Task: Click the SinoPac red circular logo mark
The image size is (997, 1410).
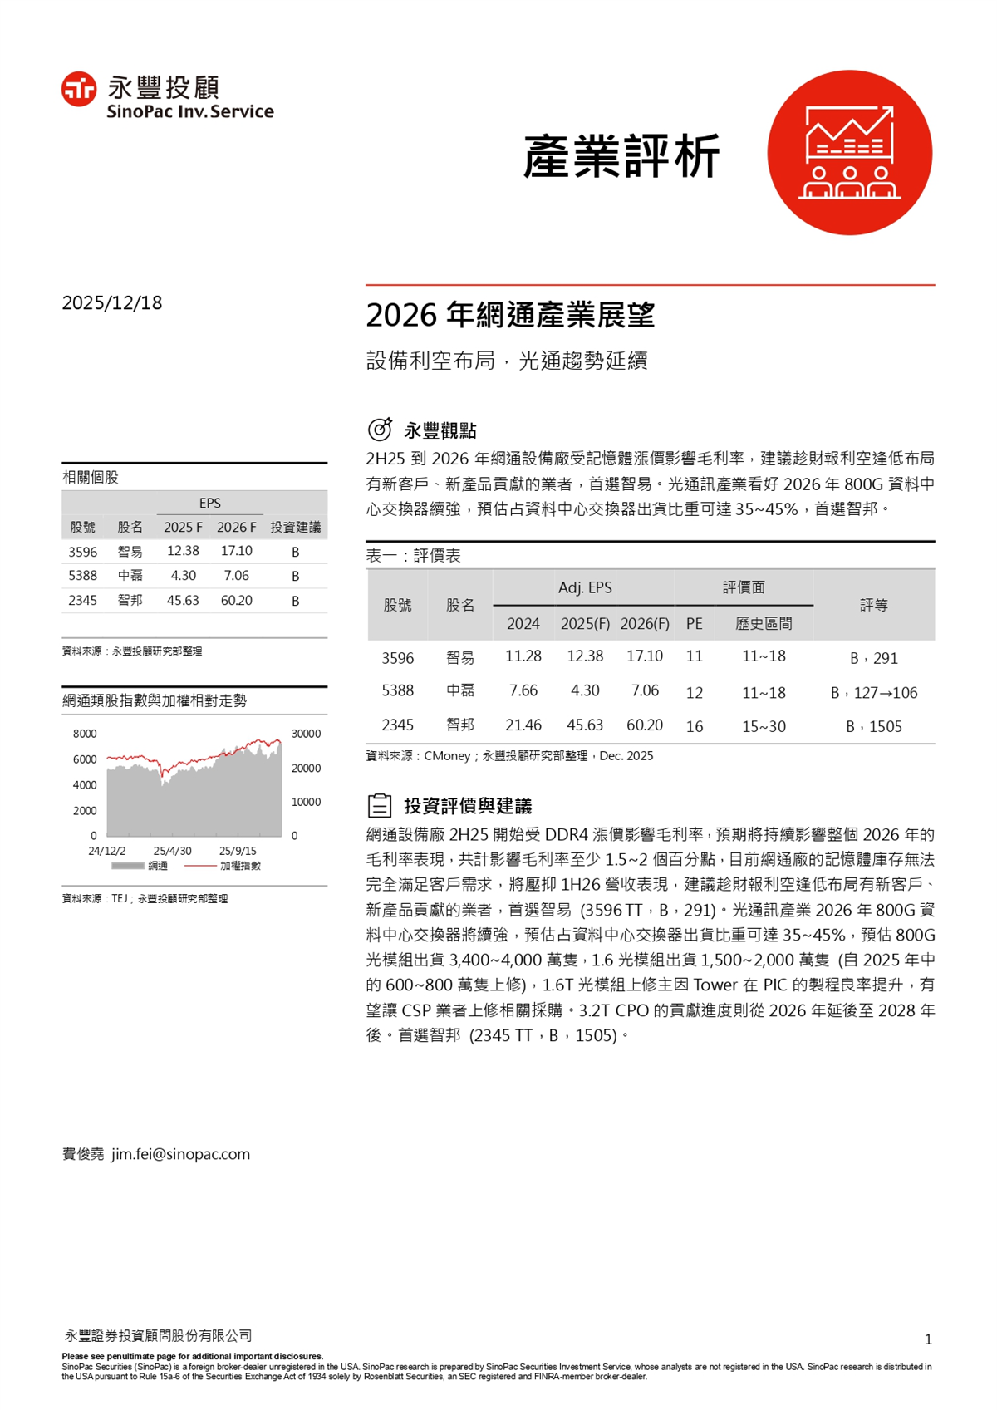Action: coord(79,89)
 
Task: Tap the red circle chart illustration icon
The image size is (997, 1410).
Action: coord(849,152)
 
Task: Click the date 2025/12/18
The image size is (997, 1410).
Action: coord(112,303)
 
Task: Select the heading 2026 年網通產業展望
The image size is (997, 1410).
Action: coord(510,316)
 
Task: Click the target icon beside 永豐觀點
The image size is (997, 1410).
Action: coord(380,430)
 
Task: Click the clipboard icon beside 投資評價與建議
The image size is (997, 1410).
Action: coord(380,805)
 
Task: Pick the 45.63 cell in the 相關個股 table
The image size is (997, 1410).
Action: coord(183,600)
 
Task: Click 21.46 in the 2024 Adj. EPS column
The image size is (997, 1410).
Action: coord(523,725)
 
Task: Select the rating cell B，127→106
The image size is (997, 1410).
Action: coord(874,693)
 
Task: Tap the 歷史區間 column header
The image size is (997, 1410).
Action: coord(764,623)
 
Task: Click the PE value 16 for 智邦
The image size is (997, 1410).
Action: coord(695,726)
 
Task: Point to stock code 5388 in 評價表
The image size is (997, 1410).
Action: coord(397,691)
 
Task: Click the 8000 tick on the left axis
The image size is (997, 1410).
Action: coord(85,734)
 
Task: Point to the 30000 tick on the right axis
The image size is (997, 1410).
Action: coord(306,734)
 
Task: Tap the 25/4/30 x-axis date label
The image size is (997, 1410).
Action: coord(172,851)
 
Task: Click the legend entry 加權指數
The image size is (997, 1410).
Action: coord(240,866)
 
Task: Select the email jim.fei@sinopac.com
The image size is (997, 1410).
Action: coord(180,1154)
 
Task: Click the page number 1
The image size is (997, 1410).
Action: coord(928,1339)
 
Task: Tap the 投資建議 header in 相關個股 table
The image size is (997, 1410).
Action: coord(295,528)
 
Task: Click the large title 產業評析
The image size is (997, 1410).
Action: coord(621,156)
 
